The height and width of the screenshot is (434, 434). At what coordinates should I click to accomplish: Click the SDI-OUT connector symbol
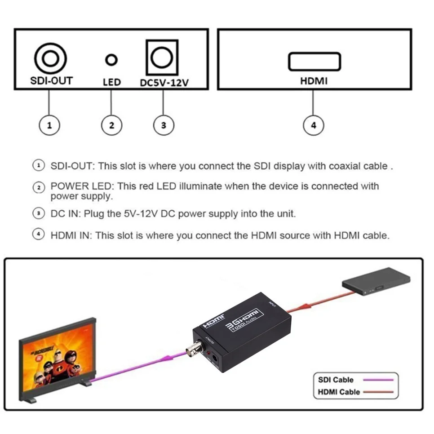[51, 59]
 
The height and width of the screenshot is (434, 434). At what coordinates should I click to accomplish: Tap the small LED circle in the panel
[111, 59]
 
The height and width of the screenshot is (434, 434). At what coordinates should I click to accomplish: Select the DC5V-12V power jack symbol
[162, 58]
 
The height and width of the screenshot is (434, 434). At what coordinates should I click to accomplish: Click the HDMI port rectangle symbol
[314, 62]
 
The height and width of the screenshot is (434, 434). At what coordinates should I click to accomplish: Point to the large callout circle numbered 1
[50, 125]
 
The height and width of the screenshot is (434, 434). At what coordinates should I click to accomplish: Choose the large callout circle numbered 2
[111, 125]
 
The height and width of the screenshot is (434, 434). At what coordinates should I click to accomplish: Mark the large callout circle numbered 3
[163, 125]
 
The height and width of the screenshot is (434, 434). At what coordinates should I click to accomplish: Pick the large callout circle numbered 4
[314, 125]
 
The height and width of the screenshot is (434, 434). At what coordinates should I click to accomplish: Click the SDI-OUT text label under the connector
[51, 81]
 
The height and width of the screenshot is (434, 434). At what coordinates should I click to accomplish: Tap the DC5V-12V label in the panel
[164, 83]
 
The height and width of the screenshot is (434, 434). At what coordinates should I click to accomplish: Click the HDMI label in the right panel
[314, 81]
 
